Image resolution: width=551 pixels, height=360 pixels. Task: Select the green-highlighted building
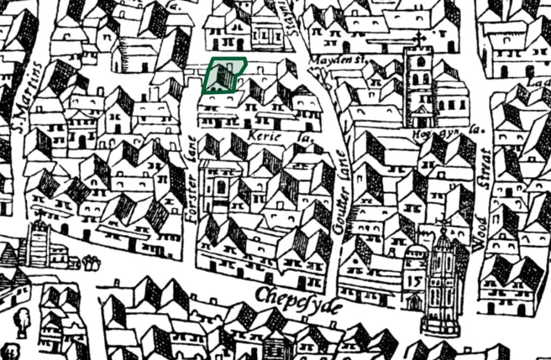pyautogui.click(x=224, y=75)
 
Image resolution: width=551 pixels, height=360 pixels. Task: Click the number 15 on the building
pyautogui.click(x=414, y=280)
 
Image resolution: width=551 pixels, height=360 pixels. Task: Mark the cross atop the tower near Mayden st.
pyautogui.click(x=419, y=38)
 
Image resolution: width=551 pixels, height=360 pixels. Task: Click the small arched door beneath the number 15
pyautogui.click(x=414, y=302)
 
